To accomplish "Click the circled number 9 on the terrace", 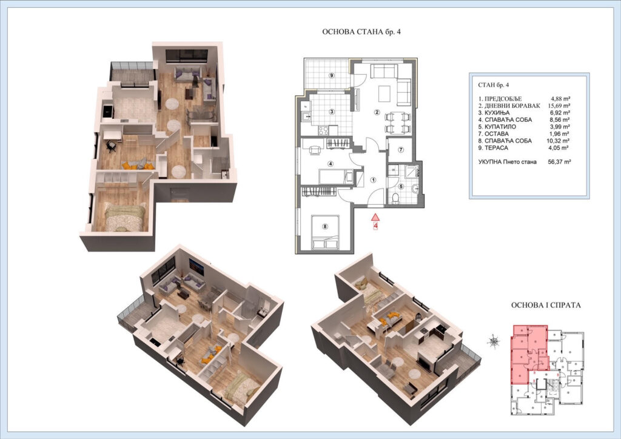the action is click(x=332, y=76).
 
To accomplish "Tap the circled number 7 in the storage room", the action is click(x=401, y=150).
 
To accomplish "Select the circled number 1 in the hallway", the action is click(x=373, y=179).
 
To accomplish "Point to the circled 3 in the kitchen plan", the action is click(x=332, y=112).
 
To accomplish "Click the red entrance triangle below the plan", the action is click(x=375, y=217).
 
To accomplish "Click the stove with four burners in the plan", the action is click(x=323, y=130).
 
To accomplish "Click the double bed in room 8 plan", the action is click(x=325, y=232).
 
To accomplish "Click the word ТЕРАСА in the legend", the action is click(x=496, y=148).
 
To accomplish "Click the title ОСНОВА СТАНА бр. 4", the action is click(x=361, y=32).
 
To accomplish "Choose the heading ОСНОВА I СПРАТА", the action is click(x=546, y=305).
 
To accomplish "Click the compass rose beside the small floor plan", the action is click(x=494, y=340).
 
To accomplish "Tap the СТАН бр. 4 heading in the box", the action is click(x=494, y=85).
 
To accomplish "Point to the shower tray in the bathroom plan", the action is click(x=412, y=172).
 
